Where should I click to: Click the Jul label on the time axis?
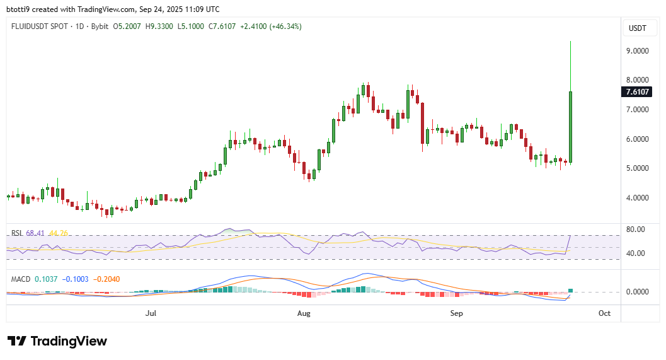click(x=151, y=313)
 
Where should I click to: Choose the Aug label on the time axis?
click(x=304, y=313)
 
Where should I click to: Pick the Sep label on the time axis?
click(x=457, y=313)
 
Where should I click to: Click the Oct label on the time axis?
click(x=604, y=313)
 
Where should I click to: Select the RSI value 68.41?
click(x=34, y=233)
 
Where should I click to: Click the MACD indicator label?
click(x=21, y=279)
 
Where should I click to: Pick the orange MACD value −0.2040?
click(x=105, y=279)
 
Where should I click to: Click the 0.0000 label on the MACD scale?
click(x=635, y=292)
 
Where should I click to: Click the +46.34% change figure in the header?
click(x=287, y=26)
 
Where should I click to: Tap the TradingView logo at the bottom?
click(x=57, y=341)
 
